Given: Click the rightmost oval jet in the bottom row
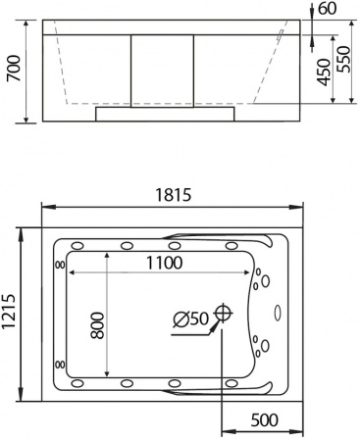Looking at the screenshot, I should click(x=231, y=383).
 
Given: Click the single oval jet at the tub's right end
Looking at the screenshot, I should click(x=278, y=315).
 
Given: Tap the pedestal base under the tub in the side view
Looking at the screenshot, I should click(x=165, y=113).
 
